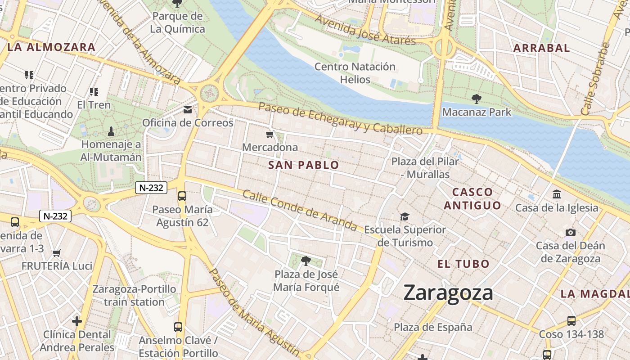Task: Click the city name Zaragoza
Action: tap(448, 293)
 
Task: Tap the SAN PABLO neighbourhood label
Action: tap(304, 165)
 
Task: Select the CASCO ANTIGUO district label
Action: tap(472, 198)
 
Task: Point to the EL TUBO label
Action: tap(463, 264)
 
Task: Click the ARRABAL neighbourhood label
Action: tap(542, 48)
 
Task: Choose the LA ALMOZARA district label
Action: tap(51, 47)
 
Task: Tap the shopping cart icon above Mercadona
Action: tap(270, 134)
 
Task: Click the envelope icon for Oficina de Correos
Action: tap(188, 110)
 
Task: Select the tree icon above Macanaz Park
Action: tap(476, 99)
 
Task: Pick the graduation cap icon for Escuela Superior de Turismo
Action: tap(405, 217)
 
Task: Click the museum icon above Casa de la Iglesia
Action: tap(557, 194)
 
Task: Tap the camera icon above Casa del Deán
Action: tap(571, 232)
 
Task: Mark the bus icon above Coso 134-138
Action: tap(571, 321)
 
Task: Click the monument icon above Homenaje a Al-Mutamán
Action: tap(111, 131)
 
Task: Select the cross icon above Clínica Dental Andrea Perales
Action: tap(77, 321)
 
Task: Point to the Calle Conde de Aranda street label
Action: tap(300, 211)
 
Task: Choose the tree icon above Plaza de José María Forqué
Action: tap(306, 261)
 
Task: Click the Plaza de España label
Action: tap(433, 327)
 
